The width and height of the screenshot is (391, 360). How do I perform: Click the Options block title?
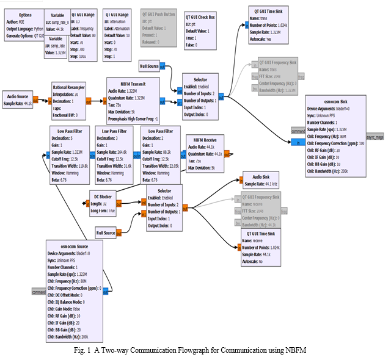coord(25,14)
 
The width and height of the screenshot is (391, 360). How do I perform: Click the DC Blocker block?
coord(101,203)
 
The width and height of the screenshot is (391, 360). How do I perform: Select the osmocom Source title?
coord(69,246)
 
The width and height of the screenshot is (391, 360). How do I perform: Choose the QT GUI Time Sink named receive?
coord(260,247)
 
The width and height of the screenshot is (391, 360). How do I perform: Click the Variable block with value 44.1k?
coord(57,21)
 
